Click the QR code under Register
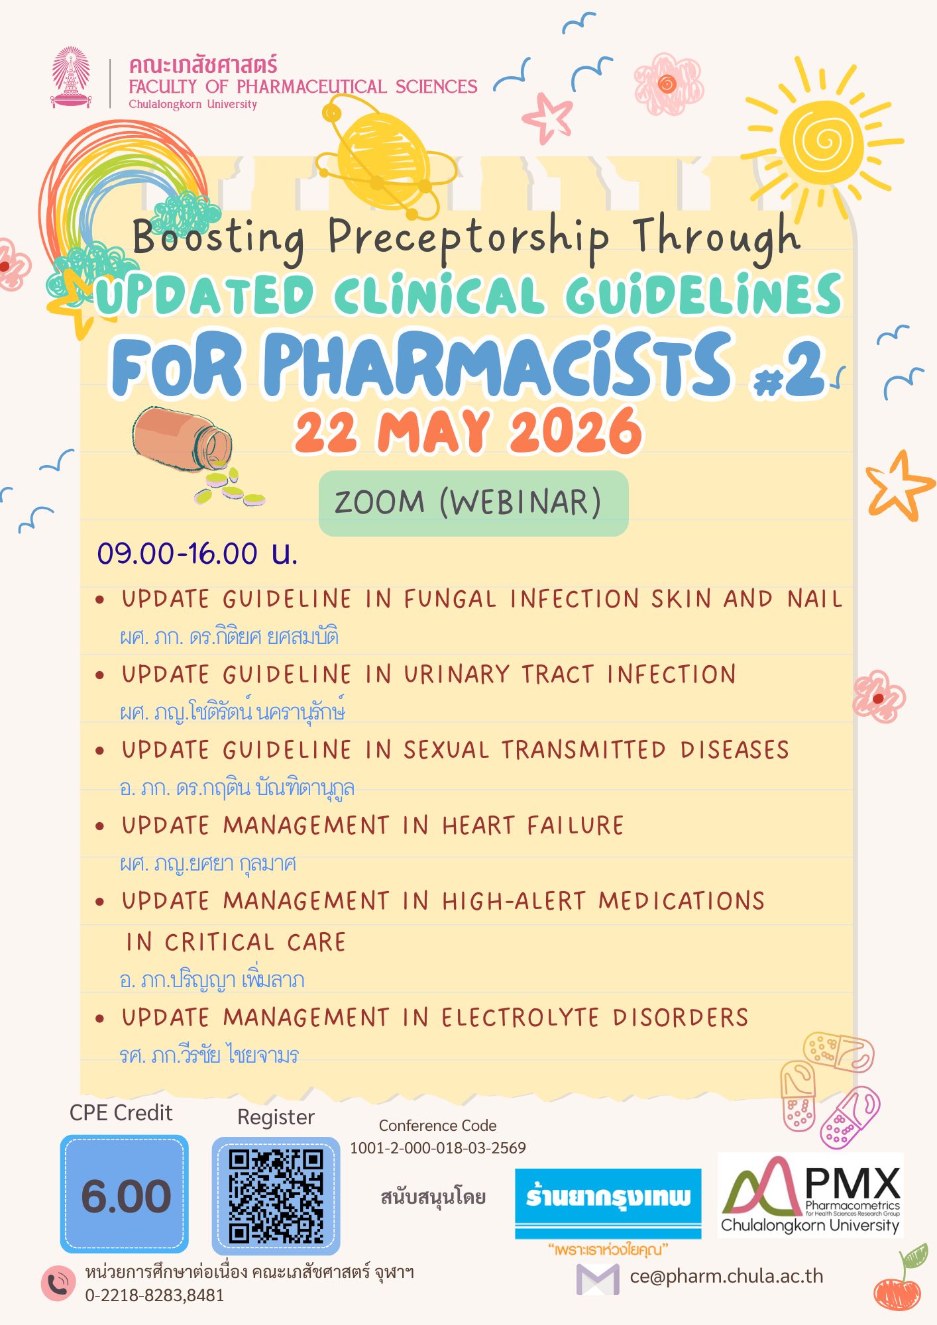point(276,1196)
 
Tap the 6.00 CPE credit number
point(125,1196)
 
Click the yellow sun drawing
point(822,140)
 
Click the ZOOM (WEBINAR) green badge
point(473,503)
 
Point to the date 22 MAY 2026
point(468,432)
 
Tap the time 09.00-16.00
point(178,553)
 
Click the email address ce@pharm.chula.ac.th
point(726,1276)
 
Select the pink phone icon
point(58,1283)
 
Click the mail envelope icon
point(597,1279)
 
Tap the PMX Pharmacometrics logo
point(810,1196)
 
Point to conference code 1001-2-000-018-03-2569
point(437,1147)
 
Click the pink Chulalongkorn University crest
point(71,78)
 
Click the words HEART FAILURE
point(533,826)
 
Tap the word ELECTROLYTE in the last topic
point(520,1018)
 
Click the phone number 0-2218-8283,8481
point(154,1295)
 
